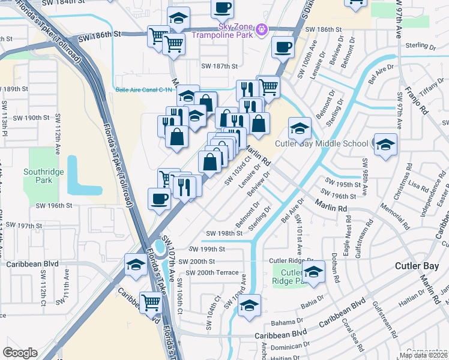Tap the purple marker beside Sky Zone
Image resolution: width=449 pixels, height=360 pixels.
[261, 28]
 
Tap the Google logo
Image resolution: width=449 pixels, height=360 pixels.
[20, 353]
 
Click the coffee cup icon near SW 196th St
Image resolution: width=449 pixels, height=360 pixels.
[159, 199]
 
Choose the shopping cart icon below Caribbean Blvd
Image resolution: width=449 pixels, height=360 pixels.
[151, 303]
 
